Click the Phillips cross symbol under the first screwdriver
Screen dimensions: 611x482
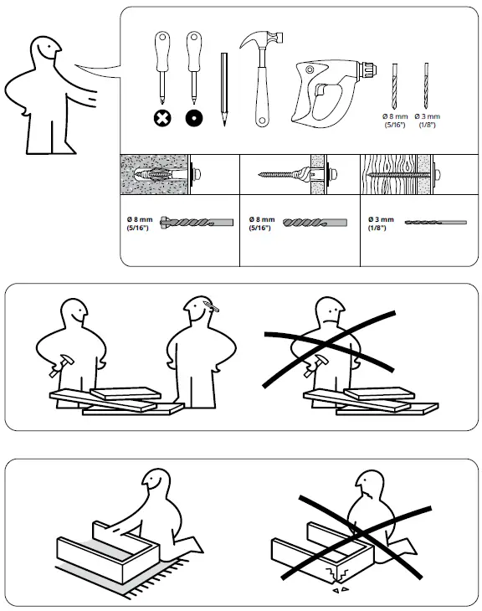(162, 118)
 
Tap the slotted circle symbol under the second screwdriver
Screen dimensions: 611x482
(194, 118)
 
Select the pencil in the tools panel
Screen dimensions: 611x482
(224, 89)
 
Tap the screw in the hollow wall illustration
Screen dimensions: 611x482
(285, 177)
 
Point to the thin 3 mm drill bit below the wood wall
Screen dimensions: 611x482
(434, 222)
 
